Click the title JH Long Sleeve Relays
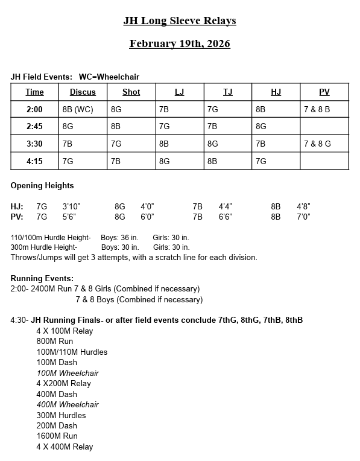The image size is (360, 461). [180, 21]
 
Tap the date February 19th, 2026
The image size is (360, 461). [180, 44]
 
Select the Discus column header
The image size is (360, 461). [83, 92]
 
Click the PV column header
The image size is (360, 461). [324, 92]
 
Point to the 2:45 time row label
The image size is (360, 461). [35, 127]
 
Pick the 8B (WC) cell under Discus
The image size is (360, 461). [78, 110]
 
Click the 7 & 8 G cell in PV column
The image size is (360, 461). [317, 144]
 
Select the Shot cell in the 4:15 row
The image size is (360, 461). [116, 162]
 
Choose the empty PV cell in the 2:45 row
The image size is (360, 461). [324, 127]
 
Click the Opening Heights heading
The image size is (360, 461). [42, 185]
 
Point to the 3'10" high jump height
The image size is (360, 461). [72, 206]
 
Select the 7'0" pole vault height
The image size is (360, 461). [303, 217]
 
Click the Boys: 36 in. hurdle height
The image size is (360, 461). [120, 237]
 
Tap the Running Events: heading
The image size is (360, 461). [42, 278]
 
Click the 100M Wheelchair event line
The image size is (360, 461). [68, 373]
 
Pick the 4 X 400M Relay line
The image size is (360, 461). [65, 447]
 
